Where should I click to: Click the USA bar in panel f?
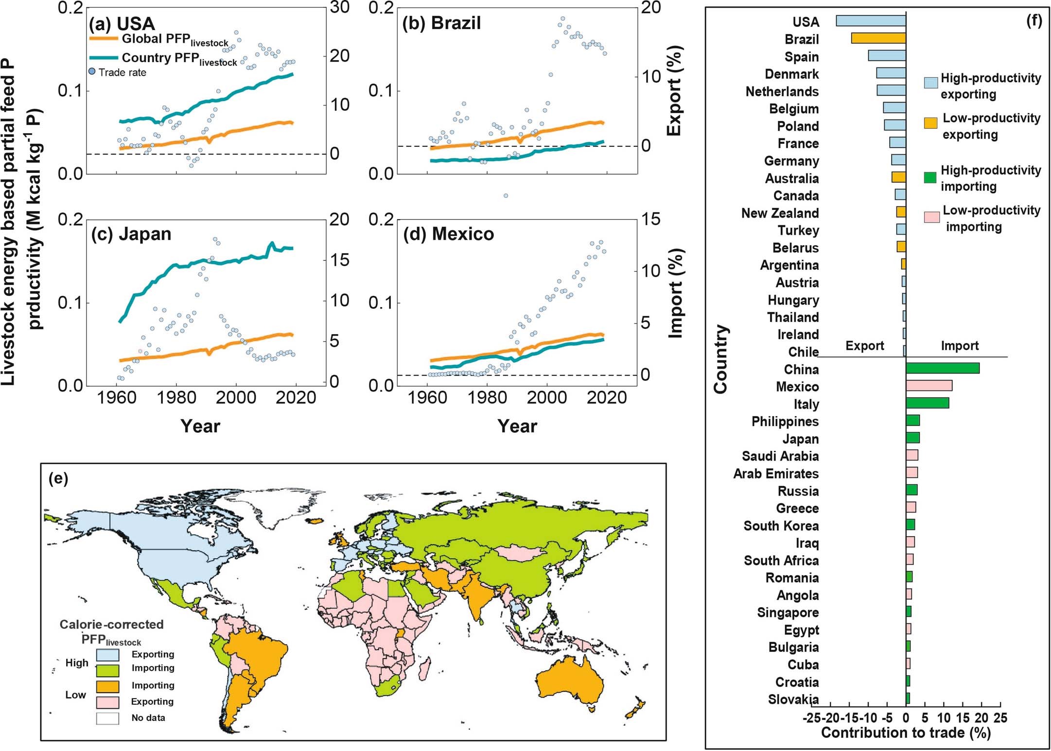click(870, 21)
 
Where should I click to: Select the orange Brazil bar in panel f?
click(878, 38)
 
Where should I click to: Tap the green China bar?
click(942, 368)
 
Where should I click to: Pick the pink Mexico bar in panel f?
click(928, 386)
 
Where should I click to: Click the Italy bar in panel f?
click(927, 403)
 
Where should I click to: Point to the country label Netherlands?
click(782, 91)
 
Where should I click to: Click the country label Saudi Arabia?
click(780, 456)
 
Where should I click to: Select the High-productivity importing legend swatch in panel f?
click(930, 178)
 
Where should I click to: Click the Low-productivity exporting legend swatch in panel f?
click(930, 124)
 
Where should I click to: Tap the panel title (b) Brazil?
click(441, 23)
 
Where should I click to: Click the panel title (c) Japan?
click(131, 234)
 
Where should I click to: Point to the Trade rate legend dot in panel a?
click(92, 72)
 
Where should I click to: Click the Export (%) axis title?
click(674, 91)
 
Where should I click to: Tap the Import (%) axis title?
click(675, 293)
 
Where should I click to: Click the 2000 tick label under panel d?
click(546, 398)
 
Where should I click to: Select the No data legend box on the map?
click(107, 718)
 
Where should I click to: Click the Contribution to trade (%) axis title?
click(905, 733)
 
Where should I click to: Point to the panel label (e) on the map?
click(58, 478)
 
